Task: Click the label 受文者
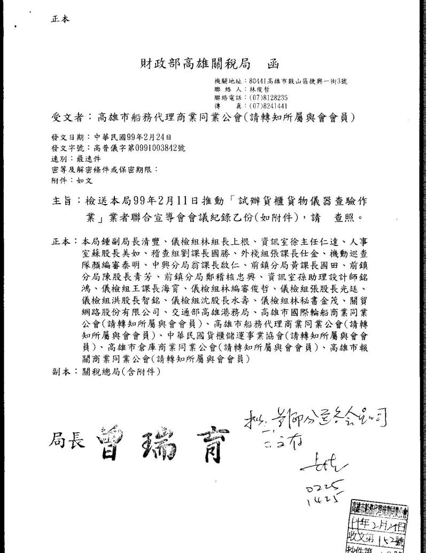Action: coord(65,118)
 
